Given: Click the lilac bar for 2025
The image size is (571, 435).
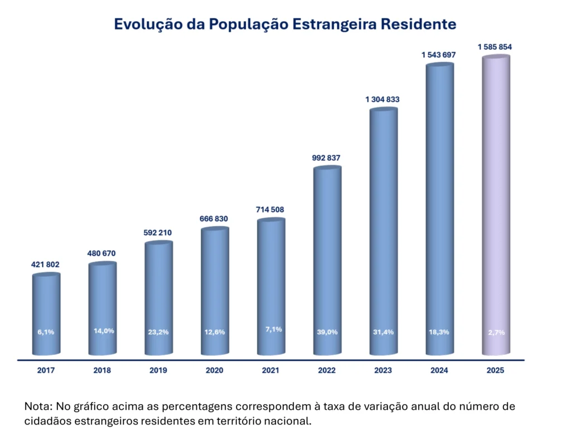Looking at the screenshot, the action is [x=496, y=205].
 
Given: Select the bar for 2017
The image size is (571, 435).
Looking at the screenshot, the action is [x=46, y=314].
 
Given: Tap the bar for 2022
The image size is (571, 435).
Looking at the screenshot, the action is [x=327, y=261].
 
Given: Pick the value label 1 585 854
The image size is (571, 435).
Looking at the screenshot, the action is [x=495, y=47].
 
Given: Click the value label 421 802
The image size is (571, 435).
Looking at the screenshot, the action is [x=45, y=265].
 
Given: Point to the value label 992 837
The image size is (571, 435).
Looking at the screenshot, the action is [x=326, y=158].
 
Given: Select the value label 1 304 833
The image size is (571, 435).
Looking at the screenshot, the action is [x=383, y=99].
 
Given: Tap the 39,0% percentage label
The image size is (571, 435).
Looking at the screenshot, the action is [x=327, y=332].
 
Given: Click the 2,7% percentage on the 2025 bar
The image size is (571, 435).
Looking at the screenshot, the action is [x=496, y=333].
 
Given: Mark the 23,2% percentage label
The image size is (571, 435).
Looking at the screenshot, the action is [x=158, y=332].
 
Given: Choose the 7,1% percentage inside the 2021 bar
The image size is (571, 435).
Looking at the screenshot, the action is [x=273, y=329].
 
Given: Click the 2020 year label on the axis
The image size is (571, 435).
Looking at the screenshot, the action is [x=215, y=370].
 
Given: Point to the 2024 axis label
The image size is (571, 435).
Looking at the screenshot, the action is [x=439, y=370].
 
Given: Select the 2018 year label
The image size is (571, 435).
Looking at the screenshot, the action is [x=102, y=370].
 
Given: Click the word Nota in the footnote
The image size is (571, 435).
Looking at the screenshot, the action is [x=38, y=406].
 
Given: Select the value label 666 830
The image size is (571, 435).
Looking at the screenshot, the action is [x=214, y=218].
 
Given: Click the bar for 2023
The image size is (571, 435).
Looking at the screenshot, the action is [x=384, y=231].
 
